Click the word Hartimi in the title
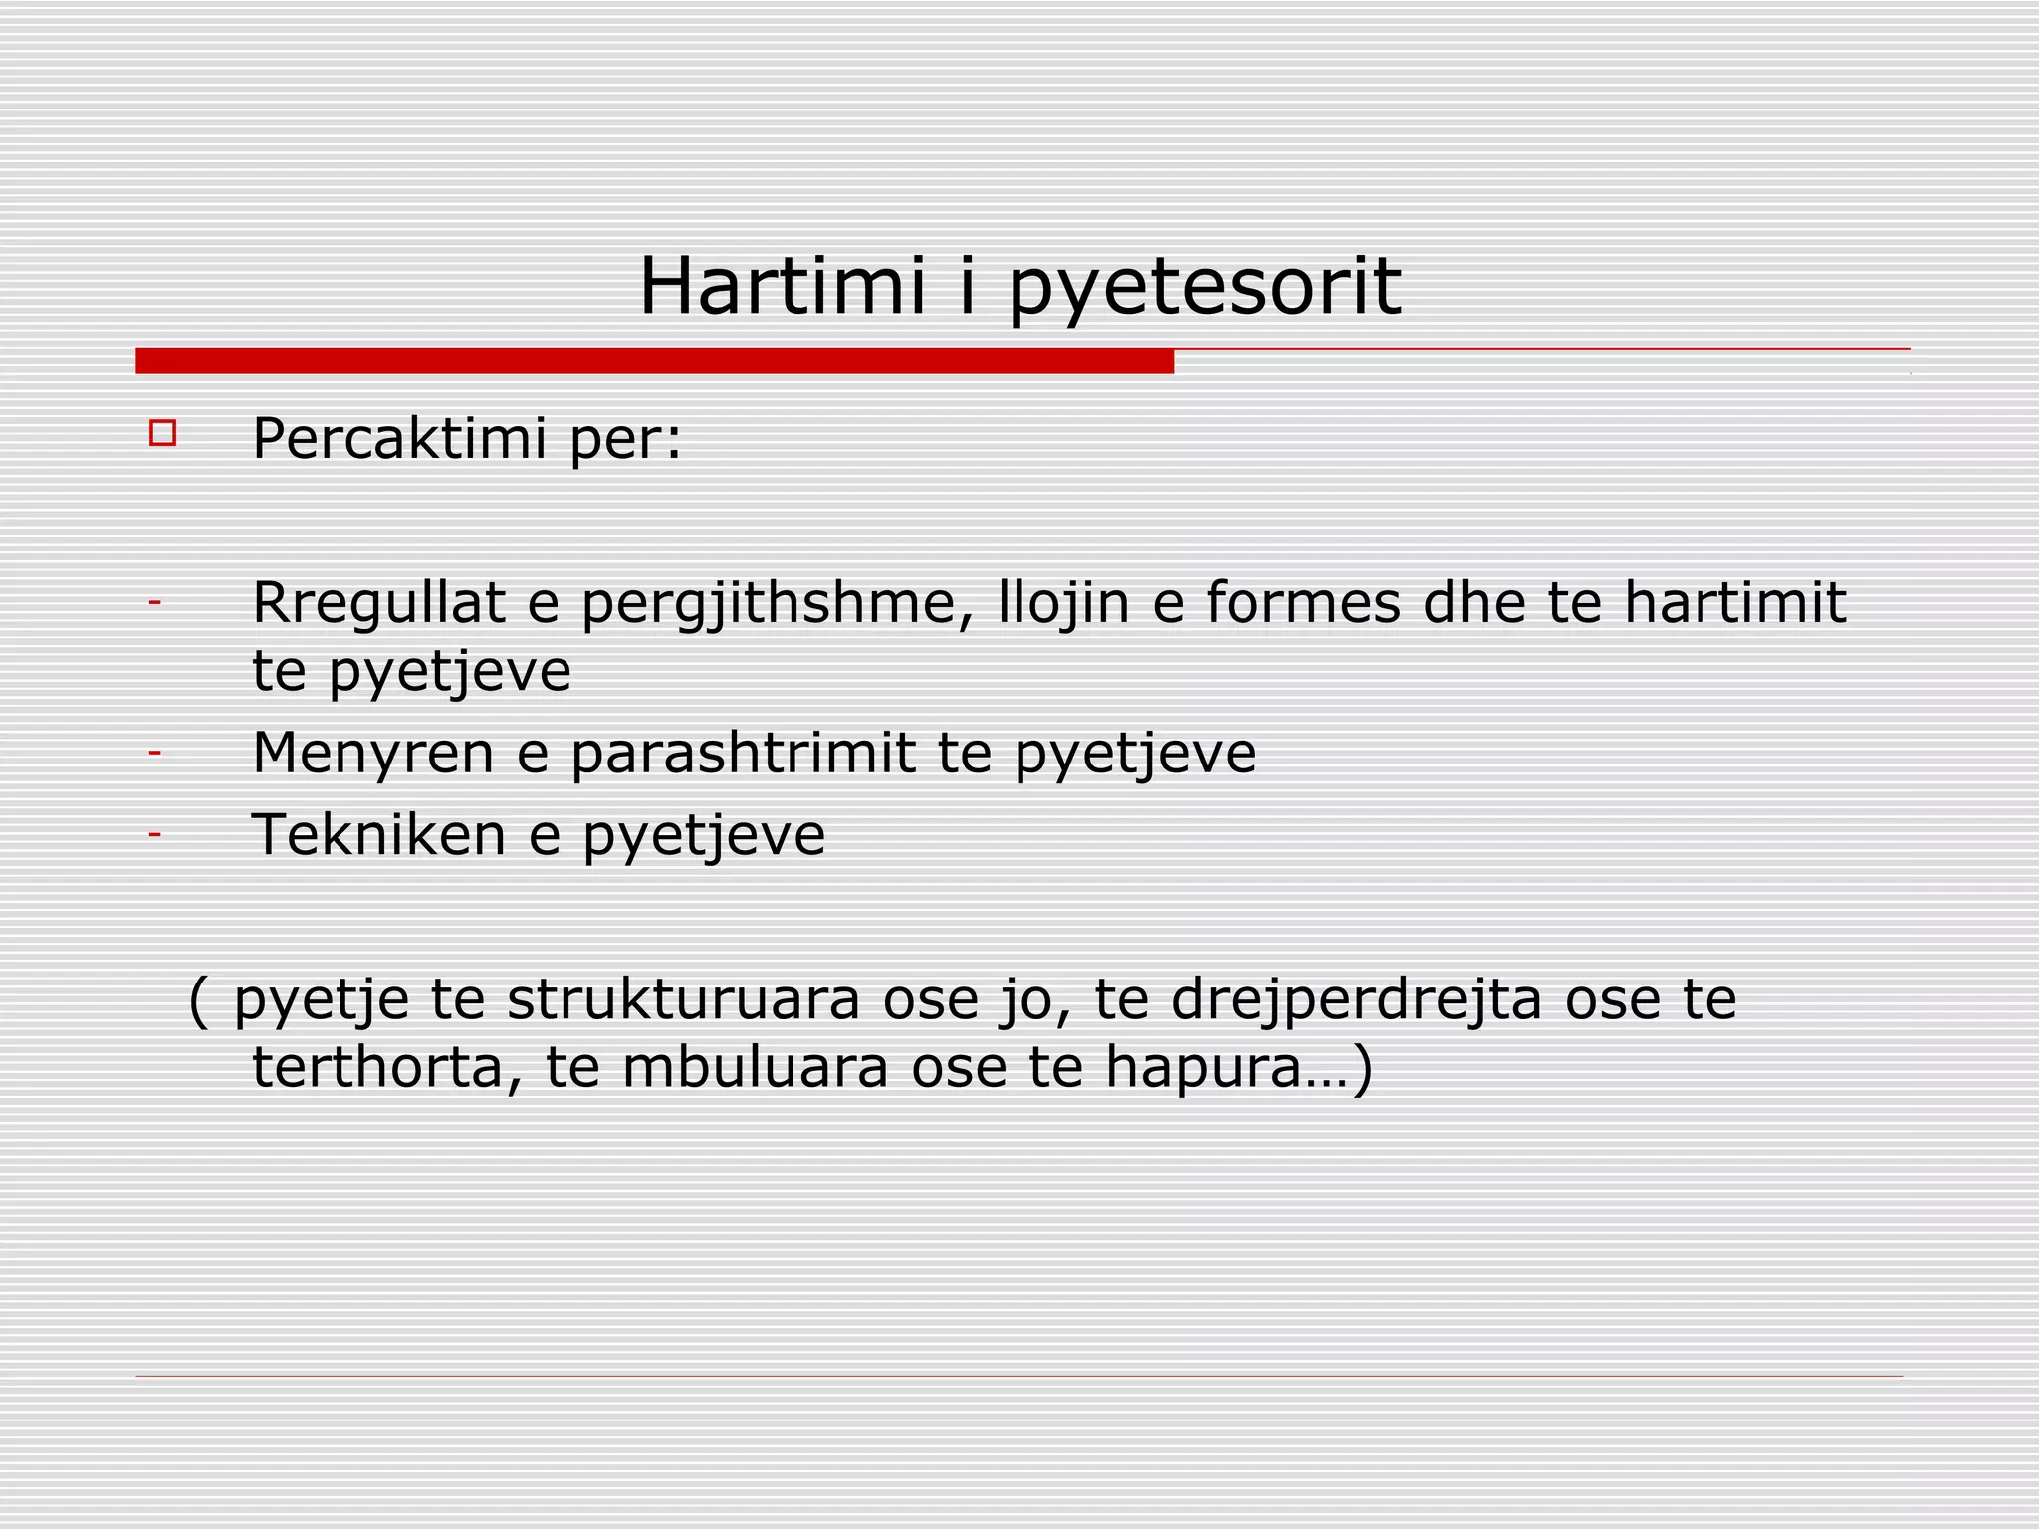(x=782, y=287)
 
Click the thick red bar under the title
(x=654, y=361)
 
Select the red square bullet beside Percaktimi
(x=162, y=434)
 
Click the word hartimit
(x=1734, y=603)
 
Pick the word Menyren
(x=372, y=754)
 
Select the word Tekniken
(x=378, y=834)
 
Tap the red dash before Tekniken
(x=154, y=834)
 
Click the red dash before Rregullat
(x=154, y=603)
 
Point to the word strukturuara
(x=683, y=999)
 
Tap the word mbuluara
(x=755, y=1067)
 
